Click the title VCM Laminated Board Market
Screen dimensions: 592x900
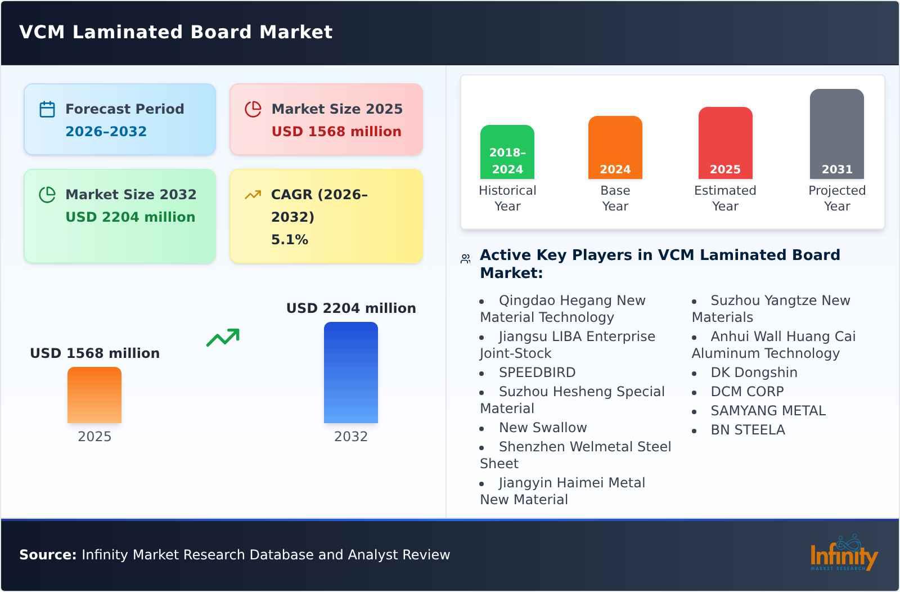(x=175, y=32)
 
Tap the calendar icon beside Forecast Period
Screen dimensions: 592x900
(x=47, y=109)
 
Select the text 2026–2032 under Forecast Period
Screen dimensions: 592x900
(x=106, y=132)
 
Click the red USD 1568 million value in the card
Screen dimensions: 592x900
(x=336, y=132)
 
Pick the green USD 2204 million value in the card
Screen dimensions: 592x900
(x=130, y=217)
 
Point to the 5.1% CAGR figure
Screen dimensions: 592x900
(x=289, y=240)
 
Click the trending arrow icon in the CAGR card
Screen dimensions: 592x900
(x=253, y=195)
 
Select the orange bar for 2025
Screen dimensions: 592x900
(x=94, y=395)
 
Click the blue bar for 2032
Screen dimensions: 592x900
(x=350, y=373)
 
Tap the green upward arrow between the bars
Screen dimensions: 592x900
(x=223, y=338)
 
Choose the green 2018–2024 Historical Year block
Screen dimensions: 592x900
(x=507, y=152)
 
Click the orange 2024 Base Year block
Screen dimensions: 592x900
(x=615, y=147)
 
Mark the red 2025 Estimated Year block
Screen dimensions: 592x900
(x=725, y=143)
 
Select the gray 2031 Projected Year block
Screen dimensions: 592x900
(x=836, y=134)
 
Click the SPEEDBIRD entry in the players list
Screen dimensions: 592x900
(x=537, y=373)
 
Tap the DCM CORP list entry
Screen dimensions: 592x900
(x=746, y=392)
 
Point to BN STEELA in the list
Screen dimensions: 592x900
(x=747, y=430)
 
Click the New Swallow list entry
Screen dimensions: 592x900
(x=542, y=428)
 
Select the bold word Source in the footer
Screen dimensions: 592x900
(x=47, y=555)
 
